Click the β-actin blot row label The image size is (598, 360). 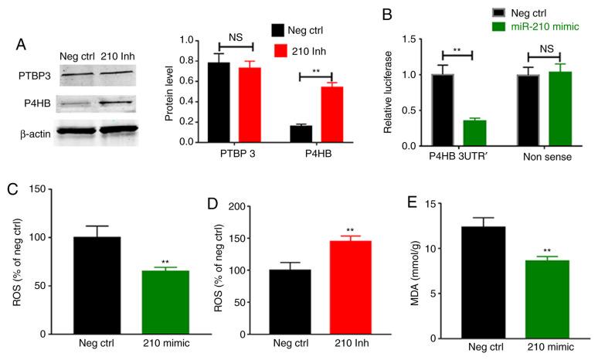coord(35,134)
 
